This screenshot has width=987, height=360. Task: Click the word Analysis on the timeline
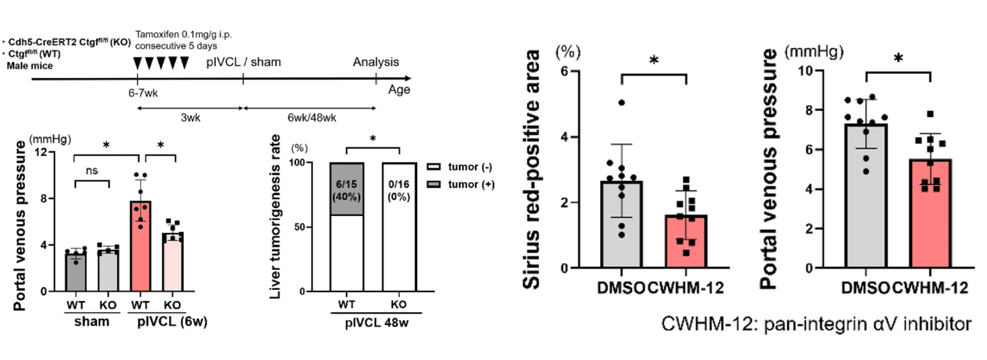375,62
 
